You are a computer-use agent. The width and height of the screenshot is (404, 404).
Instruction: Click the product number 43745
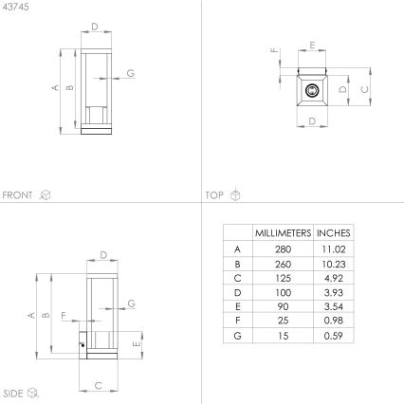(15, 7)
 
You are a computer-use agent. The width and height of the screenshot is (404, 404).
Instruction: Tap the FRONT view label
(17, 195)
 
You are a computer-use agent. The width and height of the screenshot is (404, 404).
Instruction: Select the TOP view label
(214, 195)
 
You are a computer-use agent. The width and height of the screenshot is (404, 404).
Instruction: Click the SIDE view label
(13, 394)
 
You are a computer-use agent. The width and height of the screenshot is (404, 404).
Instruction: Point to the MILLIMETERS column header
(283, 233)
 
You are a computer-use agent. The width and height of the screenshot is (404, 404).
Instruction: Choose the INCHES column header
(334, 233)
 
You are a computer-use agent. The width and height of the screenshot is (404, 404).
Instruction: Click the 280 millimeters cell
(283, 249)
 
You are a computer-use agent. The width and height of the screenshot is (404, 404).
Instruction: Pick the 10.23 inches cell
(334, 264)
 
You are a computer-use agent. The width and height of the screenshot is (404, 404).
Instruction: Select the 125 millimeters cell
(283, 278)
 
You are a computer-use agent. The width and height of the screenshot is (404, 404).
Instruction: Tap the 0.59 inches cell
(334, 336)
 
